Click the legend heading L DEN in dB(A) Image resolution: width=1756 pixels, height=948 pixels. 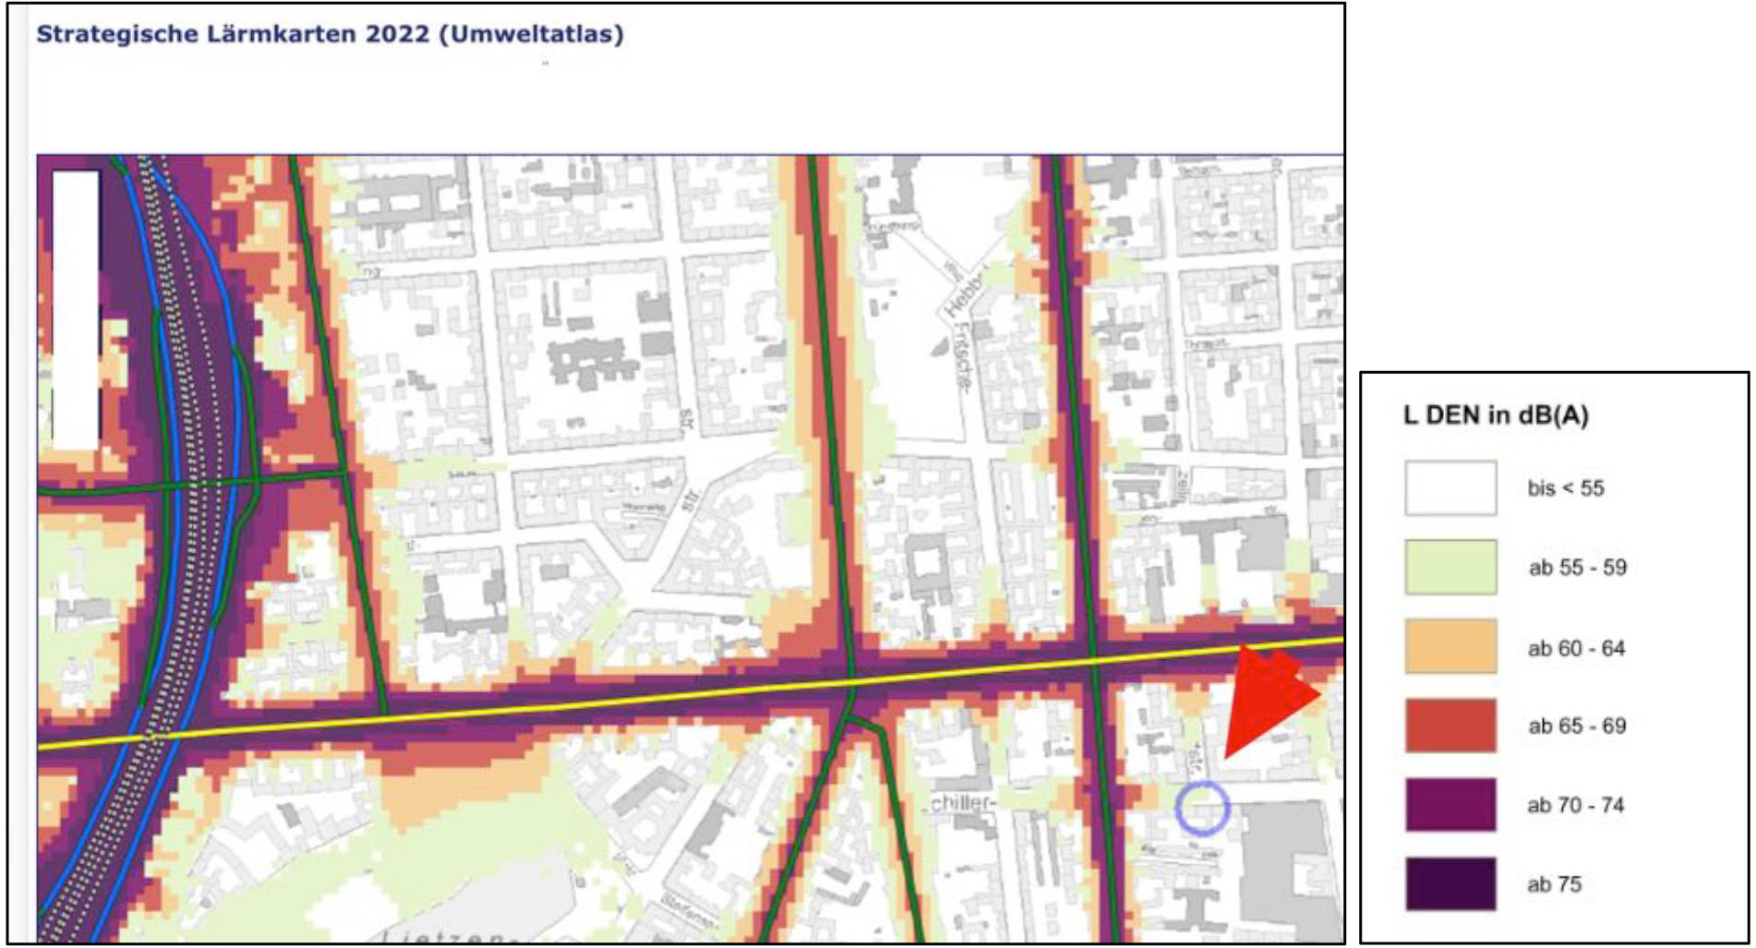(1495, 415)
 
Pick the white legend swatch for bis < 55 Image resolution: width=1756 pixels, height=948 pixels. (1449, 487)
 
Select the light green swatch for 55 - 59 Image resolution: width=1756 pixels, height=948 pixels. (1449, 567)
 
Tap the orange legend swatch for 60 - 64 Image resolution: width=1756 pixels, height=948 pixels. (1449, 646)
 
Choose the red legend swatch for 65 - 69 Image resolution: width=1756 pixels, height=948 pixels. (1449, 726)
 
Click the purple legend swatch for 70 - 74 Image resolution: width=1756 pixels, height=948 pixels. (1449, 805)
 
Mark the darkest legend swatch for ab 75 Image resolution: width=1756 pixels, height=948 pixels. (1449, 883)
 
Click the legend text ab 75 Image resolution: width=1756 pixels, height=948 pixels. (1554, 884)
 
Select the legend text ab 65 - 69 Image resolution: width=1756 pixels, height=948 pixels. (1577, 726)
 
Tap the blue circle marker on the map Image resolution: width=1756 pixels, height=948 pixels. (1202, 808)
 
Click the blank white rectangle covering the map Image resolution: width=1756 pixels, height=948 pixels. (76, 309)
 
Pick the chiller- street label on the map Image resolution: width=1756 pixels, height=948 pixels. (963, 803)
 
